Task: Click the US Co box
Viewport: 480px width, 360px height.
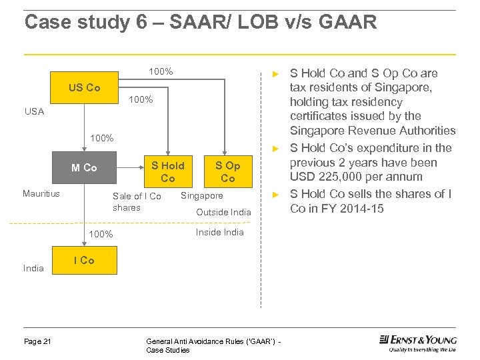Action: tap(85, 88)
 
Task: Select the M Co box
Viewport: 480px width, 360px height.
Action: tap(85, 168)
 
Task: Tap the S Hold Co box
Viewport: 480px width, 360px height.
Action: tap(167, 171)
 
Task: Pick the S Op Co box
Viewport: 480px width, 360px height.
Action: tap(227, 171)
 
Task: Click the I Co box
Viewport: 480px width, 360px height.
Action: tap(84, 260)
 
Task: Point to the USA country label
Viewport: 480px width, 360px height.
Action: tap(34, 112)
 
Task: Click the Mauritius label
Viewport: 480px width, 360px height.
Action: tap(41, 194)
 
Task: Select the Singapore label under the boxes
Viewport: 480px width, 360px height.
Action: tap(202, 196)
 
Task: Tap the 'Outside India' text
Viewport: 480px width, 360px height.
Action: tap(223, 212)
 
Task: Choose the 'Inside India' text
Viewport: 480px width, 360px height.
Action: tap(219, 232)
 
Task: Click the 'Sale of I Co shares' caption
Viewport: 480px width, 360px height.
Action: tap(137, 201)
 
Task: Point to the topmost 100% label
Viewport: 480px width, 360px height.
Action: tap(161, 71)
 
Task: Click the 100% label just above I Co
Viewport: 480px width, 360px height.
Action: tap(101, 234)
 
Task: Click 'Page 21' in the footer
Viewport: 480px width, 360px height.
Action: tap(37, 341)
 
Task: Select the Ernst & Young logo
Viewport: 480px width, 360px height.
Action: tap(417, 343)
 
